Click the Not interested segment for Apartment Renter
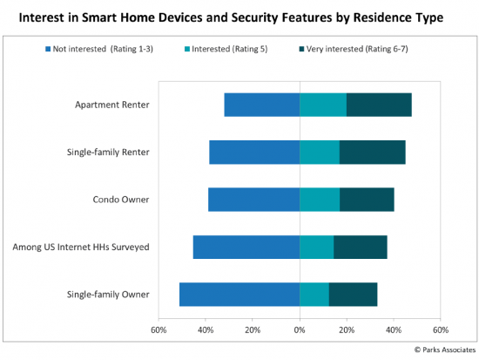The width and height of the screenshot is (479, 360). (262, 105)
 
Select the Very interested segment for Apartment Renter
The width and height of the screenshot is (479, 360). (379, 105)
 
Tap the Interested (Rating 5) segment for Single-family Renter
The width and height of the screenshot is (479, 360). (320, 153)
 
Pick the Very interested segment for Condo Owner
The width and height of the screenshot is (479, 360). (367, 200)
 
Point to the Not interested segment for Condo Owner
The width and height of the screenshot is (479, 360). (253, 200)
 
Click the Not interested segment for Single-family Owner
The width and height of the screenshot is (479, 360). (239, 295)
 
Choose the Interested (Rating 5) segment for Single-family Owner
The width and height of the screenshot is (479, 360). (314, 295)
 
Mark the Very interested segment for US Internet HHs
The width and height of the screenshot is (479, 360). (361, 248)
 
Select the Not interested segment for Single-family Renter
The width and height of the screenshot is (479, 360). (254, 153)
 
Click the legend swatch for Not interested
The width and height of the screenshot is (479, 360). (48, 49)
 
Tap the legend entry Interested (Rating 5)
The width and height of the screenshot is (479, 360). (226, 49)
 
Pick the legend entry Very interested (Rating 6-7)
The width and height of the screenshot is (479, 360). (354, 49)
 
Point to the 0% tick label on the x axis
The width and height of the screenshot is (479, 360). (300, 330)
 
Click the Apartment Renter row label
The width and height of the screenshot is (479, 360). (112, 105)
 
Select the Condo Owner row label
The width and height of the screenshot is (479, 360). (121, 200)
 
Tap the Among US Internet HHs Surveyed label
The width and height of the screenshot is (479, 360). (81, 248)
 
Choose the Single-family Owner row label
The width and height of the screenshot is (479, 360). (108, 295)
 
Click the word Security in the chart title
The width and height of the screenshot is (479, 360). (255, 17)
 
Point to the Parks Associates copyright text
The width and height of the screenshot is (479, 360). (445, 350)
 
